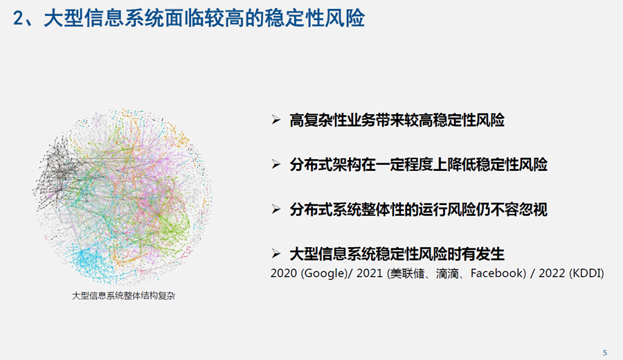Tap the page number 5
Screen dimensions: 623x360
click(605, 352)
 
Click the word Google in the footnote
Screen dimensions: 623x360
click(323, 273)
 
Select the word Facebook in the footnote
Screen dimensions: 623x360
click(496, 273)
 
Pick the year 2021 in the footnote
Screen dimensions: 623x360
click(370, 273)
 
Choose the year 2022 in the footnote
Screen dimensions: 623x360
click(552, 273)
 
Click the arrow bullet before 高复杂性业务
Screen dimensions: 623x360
click(276, 120)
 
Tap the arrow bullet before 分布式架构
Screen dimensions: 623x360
click(276, 164)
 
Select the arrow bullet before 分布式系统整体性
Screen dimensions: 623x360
click(276, 209)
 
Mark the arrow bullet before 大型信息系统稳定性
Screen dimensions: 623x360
click(276, 253)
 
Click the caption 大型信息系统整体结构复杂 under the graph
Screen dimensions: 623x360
click(123, 296)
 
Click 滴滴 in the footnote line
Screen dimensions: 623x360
click(447, 273)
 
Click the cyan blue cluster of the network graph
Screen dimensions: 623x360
click(85, 258)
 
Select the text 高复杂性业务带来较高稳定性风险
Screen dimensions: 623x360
click(397, 120)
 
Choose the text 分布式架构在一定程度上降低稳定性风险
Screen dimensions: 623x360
click(418, 165)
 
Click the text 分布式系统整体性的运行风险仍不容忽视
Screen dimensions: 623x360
click(418, 209)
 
